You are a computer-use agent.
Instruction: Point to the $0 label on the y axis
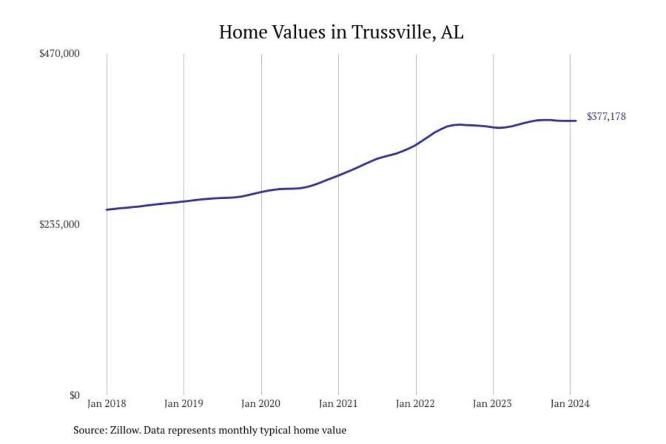click(74, 396)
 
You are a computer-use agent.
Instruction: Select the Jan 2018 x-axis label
click(107, 404)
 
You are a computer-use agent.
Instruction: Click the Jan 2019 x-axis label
click(184, 404)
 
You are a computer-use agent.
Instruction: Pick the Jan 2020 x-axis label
click(261, 404)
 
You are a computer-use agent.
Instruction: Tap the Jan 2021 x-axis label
click(338, 404)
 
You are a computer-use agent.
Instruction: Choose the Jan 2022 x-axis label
click(415, 404)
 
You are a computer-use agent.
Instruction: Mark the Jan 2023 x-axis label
click(493, 404)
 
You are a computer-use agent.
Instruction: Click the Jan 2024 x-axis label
click(570, 404)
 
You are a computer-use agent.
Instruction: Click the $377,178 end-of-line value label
click(606, 117)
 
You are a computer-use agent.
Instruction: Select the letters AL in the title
click(452, 32)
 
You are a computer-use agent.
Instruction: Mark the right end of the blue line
click(576, 120)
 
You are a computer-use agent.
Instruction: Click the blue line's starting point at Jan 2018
click(107, 210)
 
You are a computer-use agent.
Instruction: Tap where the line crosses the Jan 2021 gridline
click(338, 175)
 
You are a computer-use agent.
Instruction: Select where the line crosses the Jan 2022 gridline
click(415, 145)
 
